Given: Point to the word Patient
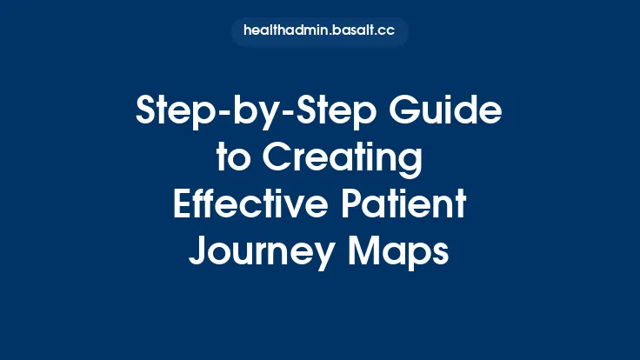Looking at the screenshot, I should [404, 206].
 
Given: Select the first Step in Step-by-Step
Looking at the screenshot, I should [175, 113].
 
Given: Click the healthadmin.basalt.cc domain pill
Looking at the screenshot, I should [320, 32].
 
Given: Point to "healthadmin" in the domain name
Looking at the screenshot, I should [286, 32].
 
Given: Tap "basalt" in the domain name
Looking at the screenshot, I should [355, 32].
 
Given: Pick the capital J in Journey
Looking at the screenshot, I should [198, 253].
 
